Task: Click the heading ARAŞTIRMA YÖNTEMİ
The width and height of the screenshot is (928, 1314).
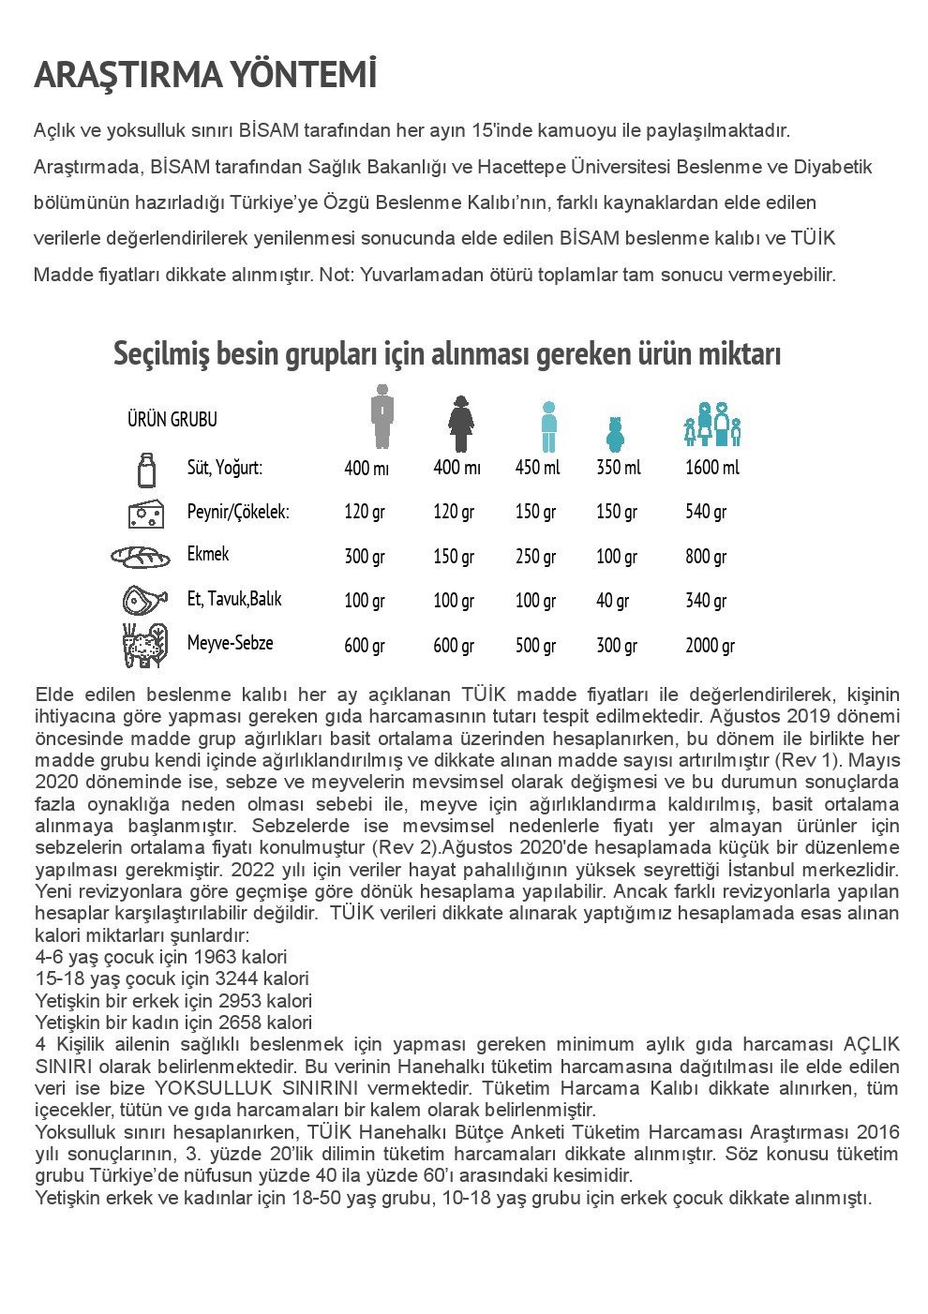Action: click(x=205, y=76)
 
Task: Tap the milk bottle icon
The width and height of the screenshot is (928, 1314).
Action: click(x=146, y=469)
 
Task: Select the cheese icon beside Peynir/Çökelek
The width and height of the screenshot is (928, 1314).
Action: click(x=146, y=513)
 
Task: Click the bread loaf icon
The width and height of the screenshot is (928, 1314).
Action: click(x=141, y=557)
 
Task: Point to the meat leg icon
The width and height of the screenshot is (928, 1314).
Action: click(x=144, y=600)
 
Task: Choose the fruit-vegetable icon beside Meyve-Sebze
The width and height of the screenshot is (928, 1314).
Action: click(x=144, y=645)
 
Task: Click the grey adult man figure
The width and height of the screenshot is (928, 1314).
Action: click(x=381, y=417)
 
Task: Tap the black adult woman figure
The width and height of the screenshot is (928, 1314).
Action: click(x=460, y=425)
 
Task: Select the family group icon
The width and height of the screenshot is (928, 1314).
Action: click(x=712, y=425)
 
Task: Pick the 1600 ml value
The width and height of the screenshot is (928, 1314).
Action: click(x=711, y=467)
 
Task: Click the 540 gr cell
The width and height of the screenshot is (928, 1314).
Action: click(x=706, y=512)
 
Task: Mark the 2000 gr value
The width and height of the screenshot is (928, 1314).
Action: click(x=710, y=646)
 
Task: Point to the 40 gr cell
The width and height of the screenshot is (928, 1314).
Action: click(x=613, y=601)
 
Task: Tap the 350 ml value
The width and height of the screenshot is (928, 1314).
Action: click(x=619, y=467)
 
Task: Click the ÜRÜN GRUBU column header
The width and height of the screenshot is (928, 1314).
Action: click(x=172, y=419)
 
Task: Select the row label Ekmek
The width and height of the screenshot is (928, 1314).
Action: click(x=208, y=554)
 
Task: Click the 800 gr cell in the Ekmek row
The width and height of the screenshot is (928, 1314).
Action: click(x=706, y=557)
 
